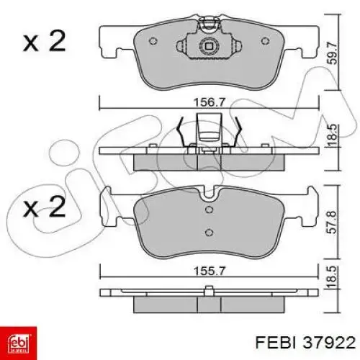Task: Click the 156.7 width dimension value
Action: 210,103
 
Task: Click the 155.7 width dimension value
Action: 210,271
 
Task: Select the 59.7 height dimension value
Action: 333,53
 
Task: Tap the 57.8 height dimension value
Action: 333,222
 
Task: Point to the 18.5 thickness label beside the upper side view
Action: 333,135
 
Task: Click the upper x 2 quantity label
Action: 44,41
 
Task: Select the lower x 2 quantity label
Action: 44,207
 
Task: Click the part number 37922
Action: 329,343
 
